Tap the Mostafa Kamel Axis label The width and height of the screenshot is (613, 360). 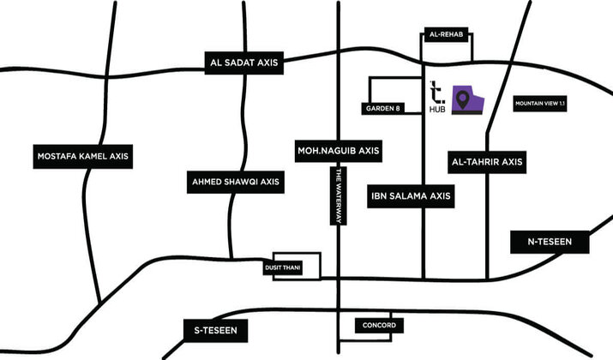82,156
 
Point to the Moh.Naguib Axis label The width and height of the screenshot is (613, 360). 338,150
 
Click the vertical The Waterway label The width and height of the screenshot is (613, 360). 340,197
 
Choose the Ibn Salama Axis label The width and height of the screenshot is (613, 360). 410,196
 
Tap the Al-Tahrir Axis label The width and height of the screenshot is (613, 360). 486,161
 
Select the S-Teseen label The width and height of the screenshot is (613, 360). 215,329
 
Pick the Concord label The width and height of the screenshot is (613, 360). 378,327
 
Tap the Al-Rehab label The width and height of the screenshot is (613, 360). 446,35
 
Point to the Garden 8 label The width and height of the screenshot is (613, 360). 382,109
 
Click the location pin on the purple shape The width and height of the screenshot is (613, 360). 464,100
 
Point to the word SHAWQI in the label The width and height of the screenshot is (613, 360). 237,182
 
